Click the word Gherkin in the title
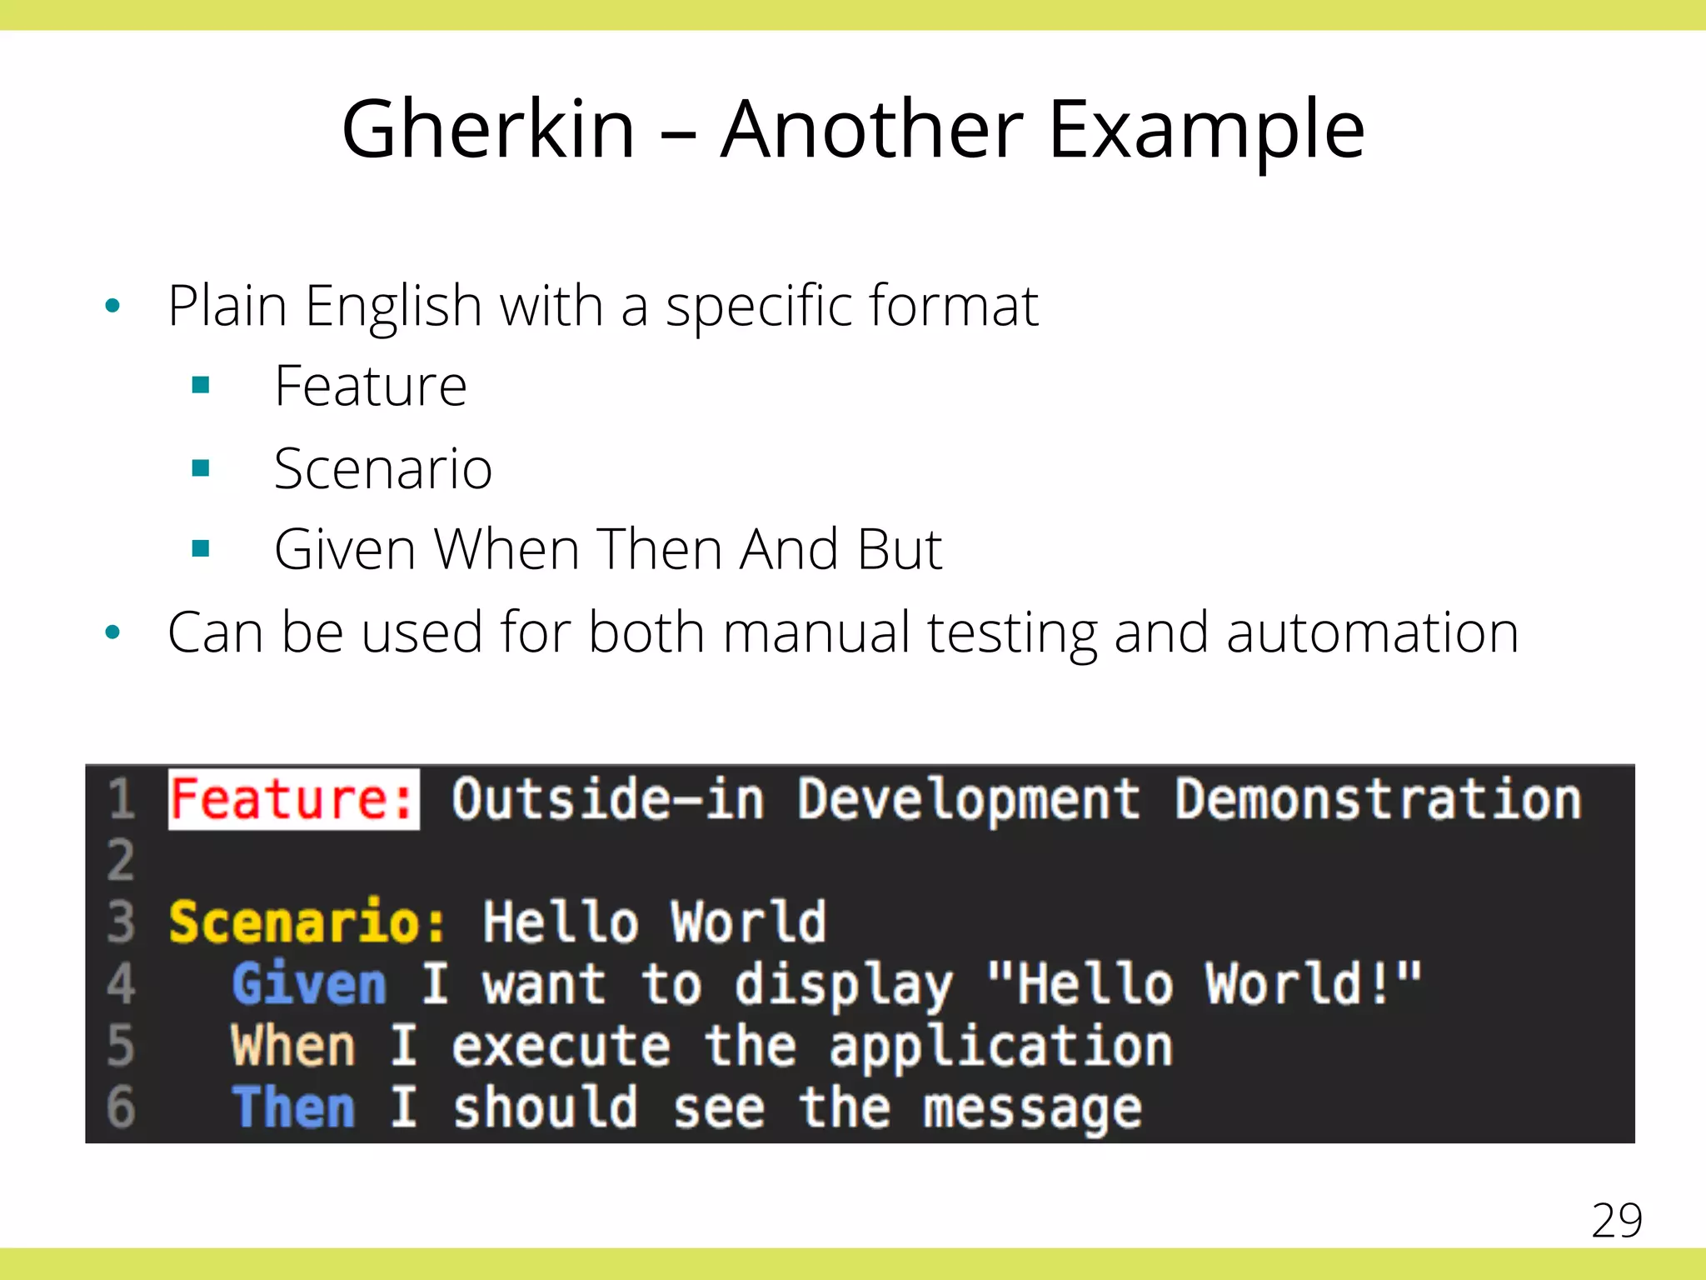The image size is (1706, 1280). coord(488,130)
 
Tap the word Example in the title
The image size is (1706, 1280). coord(1206,130)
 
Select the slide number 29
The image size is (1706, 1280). coord(1616,1221)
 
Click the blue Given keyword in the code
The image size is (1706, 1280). coord(309,984)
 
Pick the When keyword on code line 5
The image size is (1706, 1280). coord(293,1046)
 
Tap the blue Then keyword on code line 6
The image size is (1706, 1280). coord(293,1107)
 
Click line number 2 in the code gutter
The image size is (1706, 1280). coord(121,861)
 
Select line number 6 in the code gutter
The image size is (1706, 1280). coord(121,1107)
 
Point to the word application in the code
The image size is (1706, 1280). coord(1000,1046)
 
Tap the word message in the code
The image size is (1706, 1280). coord(1032,1109)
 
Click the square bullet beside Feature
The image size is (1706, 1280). coord(200,385)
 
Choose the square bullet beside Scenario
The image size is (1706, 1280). coord(200,467)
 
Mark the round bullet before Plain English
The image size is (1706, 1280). coord(113,306)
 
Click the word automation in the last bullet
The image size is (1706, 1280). coord(1372,632)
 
